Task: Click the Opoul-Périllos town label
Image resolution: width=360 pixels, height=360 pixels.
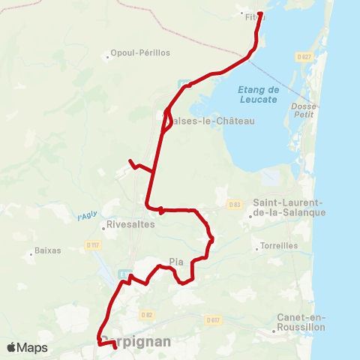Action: [x=140, y=53]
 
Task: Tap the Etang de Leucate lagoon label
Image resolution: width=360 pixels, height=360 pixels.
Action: [x=258, y=94]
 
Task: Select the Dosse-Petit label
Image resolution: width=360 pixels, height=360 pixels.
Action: [x=303, y=111]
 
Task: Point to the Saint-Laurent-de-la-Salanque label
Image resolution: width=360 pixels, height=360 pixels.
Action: [x=289, y=208]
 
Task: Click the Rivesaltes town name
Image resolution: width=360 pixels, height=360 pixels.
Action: [x=130, y=223]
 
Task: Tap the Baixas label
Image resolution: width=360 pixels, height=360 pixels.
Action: [x=48, y=250]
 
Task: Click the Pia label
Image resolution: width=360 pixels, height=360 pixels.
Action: [x=177, y=262]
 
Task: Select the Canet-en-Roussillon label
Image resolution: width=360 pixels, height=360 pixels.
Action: [x=301, y=322]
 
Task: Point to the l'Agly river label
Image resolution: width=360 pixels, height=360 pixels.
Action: [x=87, y=217]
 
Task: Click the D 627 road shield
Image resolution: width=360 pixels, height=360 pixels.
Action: [x=303, y=56]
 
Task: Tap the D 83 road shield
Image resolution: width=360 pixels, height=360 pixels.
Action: [x=235, y=204]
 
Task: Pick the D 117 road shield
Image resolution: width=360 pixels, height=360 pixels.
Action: [x=92, y=244]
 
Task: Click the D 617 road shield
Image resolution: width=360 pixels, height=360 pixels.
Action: [x=212, y=319]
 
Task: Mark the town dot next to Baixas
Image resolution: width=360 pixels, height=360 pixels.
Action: [x=31, y=251]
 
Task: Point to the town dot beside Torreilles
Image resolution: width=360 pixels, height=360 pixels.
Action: [x=255, y=247]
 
